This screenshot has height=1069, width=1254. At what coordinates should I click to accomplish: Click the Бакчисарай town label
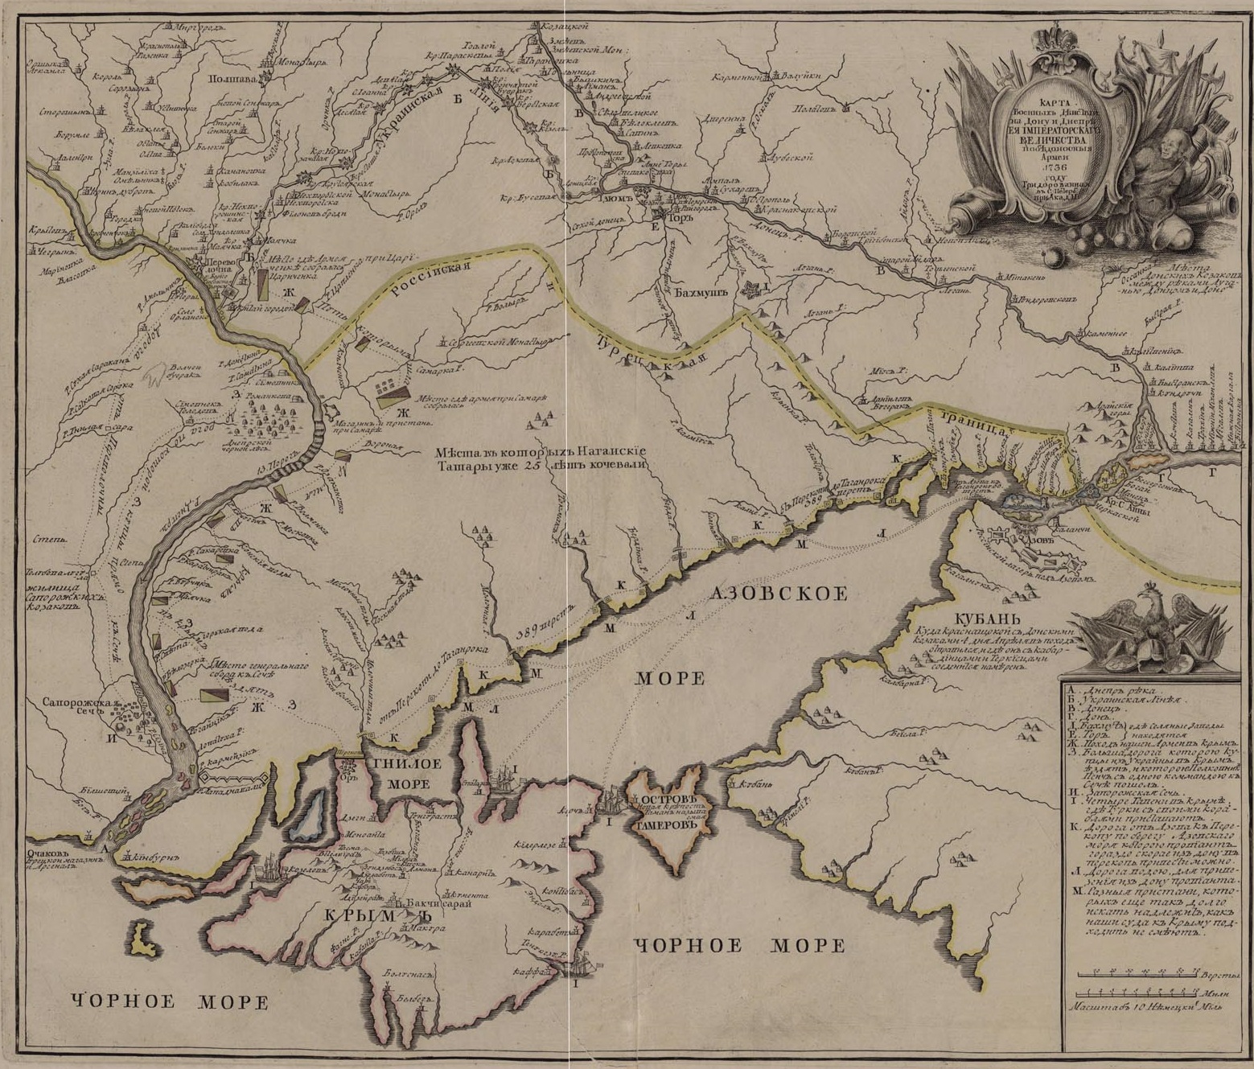431,902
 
